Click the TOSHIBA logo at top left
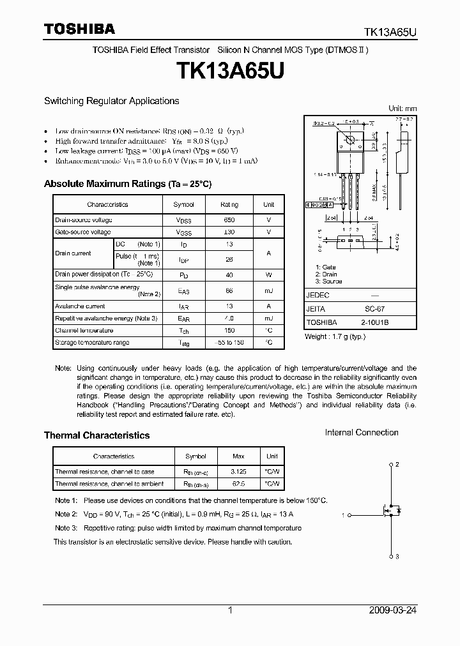(x=79, y=29)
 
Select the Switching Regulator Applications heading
(x=111, y=101)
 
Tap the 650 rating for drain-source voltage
(x=229, y=219)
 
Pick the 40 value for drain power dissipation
(x=229, y=274)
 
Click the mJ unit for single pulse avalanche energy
(x=268, y=291)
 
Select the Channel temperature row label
(x=84, y=331)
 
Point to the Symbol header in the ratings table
(x=183, y=205)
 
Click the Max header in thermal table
(x=238, y=457)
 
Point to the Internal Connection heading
(x=362, y=433)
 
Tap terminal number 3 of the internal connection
(x=397, y=557)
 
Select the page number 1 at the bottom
(x=230, y=610)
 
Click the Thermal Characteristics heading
(x=96, y=435)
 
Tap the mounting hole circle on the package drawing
(x=349, y=140)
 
